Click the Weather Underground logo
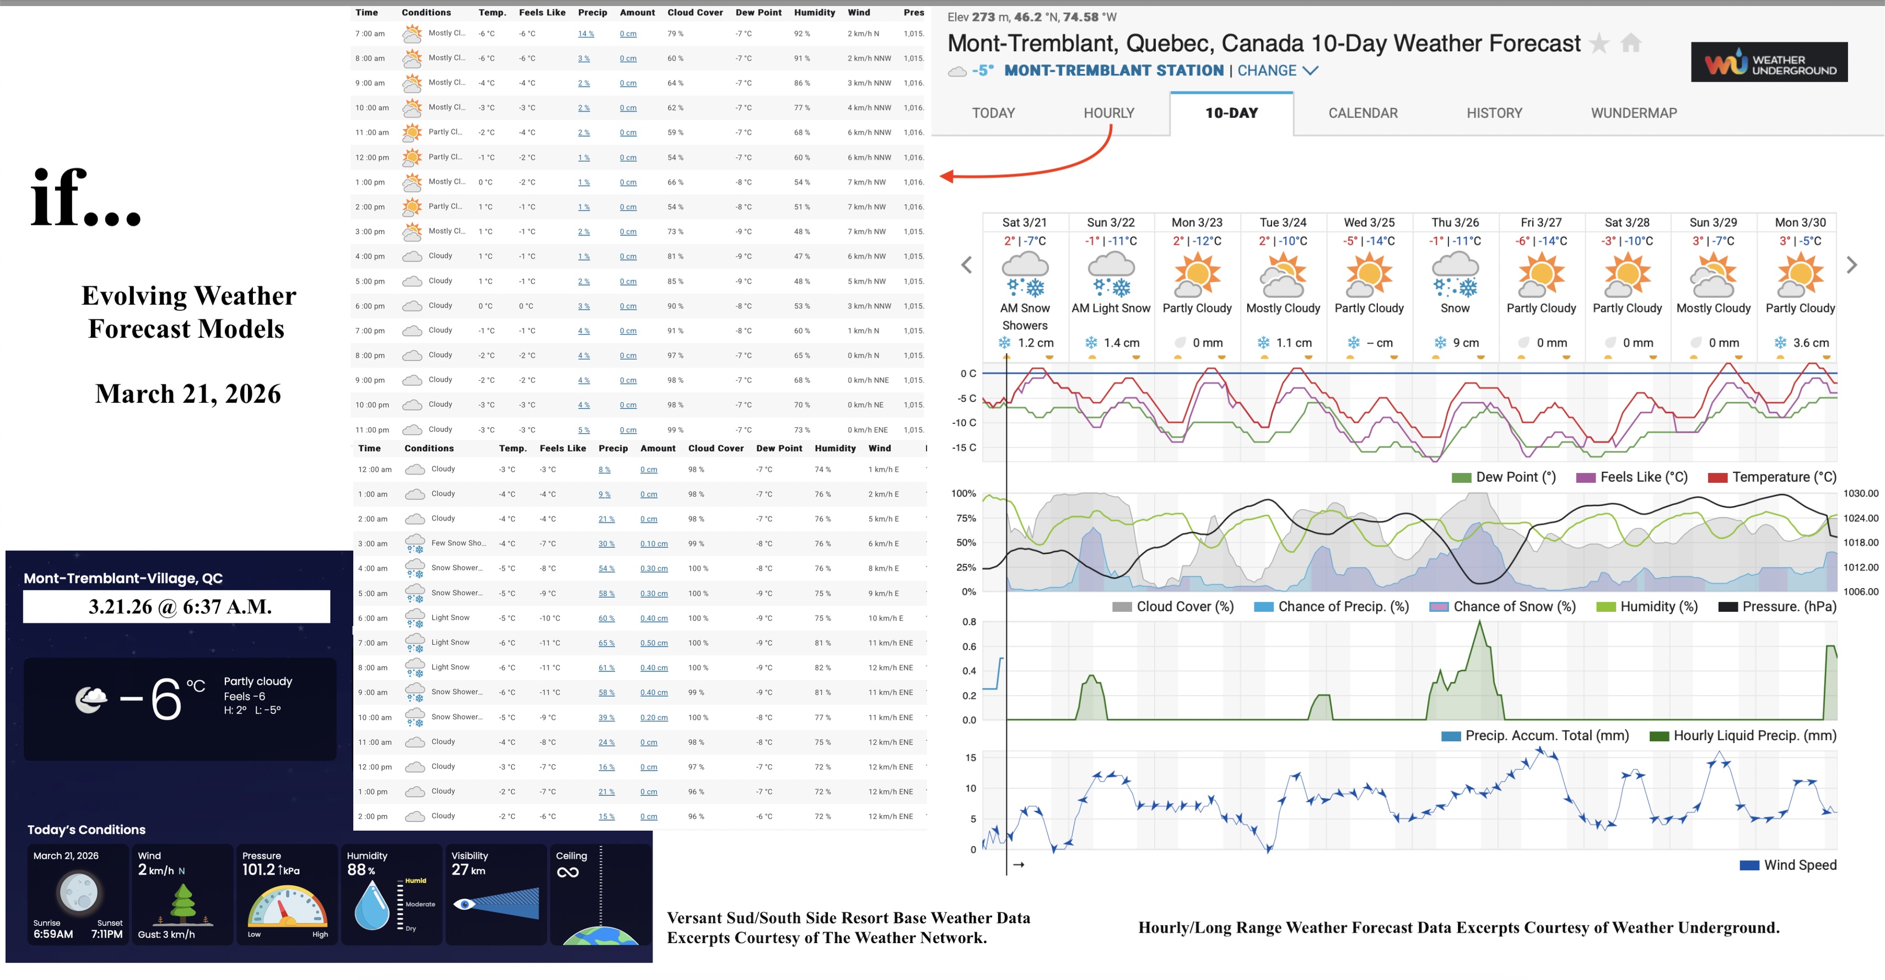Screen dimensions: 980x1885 click(x=1769, y=63)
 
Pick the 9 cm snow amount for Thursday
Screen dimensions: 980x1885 click(x=1457, y=342)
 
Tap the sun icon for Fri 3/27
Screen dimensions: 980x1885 click(x=1541, y=275)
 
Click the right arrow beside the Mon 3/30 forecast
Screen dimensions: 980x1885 click(x=1851, y=265)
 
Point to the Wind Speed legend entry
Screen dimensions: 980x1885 click(x=1789, y=865)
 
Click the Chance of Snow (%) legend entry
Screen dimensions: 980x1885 click(x=1503, y=607)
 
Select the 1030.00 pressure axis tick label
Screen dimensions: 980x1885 click(x=1860, y=494)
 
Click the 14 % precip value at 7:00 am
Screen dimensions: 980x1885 click(x=585, y=34)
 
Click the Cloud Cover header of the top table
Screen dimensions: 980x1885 click(x=694, y=13)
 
